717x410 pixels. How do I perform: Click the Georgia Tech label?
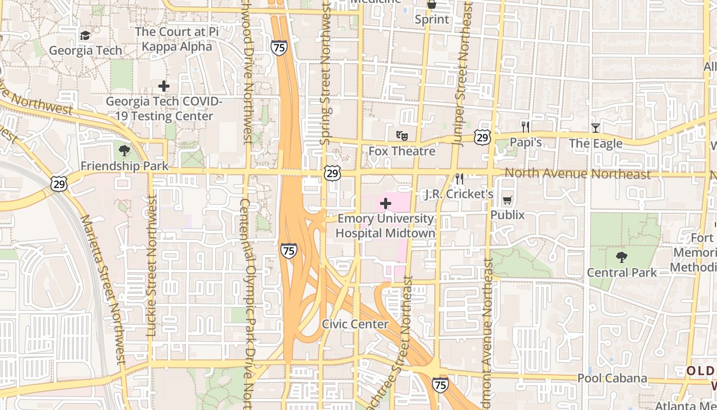(86, 50)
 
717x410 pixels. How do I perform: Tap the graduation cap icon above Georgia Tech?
(85, 35)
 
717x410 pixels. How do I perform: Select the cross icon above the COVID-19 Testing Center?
(164, 86)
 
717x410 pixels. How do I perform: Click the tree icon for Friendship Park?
(124, 151)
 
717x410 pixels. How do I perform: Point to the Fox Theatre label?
(402, 151)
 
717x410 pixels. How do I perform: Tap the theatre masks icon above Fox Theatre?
(402, 136)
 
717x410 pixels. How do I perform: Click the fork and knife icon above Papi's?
(525, 127)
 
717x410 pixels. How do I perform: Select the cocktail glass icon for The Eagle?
(595, 128)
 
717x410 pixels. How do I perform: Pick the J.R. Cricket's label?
(459, 194)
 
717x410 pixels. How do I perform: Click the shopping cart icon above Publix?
(508, 200)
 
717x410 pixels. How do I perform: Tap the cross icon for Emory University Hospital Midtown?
(386, 204)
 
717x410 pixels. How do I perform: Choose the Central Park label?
(622, 272)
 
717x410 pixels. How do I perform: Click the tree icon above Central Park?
(622, 257)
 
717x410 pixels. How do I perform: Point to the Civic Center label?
(355, 324)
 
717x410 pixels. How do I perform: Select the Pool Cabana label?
(612, 378)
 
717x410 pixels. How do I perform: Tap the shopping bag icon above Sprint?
(432, 5)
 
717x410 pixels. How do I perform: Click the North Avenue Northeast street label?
(578, 173)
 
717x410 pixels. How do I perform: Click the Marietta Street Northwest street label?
(103, 290)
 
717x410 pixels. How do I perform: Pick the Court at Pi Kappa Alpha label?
(177, 39)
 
